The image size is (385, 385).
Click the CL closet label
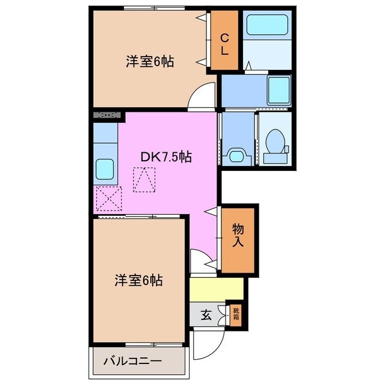224,43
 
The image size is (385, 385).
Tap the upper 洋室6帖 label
150,61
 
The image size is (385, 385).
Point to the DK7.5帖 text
167,157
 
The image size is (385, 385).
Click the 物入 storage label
238,235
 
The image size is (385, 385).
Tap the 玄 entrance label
206,314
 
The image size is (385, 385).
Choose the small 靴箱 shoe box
236,314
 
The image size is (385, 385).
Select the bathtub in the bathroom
267,28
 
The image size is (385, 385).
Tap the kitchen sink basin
105,168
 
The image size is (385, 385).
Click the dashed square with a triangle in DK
144,179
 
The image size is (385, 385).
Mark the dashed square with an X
108,198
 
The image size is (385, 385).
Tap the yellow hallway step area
217,289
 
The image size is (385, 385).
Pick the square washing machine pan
279,90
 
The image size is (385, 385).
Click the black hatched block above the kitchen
109,114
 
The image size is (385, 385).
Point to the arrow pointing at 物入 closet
210,212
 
